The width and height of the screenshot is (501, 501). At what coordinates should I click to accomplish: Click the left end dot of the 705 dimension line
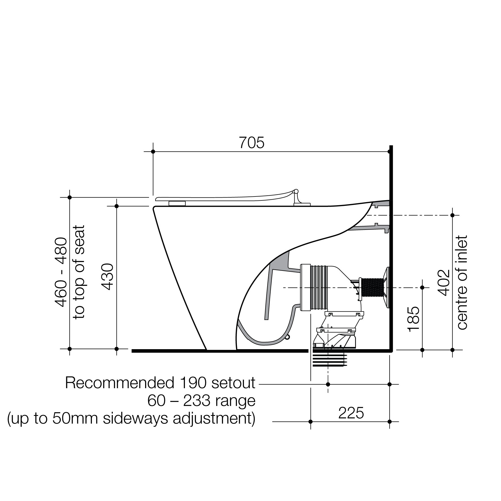point(153,152)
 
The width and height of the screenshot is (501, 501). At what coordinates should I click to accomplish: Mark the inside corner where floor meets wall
point(389,350)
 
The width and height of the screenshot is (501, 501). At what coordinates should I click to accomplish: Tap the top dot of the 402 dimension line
point(452,215)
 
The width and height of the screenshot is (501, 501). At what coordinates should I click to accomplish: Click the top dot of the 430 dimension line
point(116,206)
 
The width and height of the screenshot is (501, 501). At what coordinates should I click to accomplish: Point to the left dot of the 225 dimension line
point(311,422)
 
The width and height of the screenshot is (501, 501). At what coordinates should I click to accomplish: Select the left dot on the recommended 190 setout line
point(328,384)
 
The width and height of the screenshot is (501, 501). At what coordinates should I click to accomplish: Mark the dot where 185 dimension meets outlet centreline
point(422,288)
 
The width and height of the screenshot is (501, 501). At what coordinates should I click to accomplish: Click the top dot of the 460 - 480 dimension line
point(70,197)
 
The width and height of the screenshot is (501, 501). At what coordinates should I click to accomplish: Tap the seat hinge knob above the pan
point(296,191)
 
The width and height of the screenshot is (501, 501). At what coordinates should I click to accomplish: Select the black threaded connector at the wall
point(372,287)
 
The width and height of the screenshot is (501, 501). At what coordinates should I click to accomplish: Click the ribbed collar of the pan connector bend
point(319,288)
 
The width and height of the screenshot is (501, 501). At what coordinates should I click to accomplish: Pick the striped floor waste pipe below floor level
point(330,360)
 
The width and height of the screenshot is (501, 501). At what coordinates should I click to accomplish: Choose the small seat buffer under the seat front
point(177,203)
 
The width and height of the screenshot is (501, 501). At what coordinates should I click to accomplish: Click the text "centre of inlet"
point(462,282)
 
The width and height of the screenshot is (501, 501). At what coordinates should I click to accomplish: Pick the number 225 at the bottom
point(351,413)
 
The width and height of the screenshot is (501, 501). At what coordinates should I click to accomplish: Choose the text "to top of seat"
point(79,272)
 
